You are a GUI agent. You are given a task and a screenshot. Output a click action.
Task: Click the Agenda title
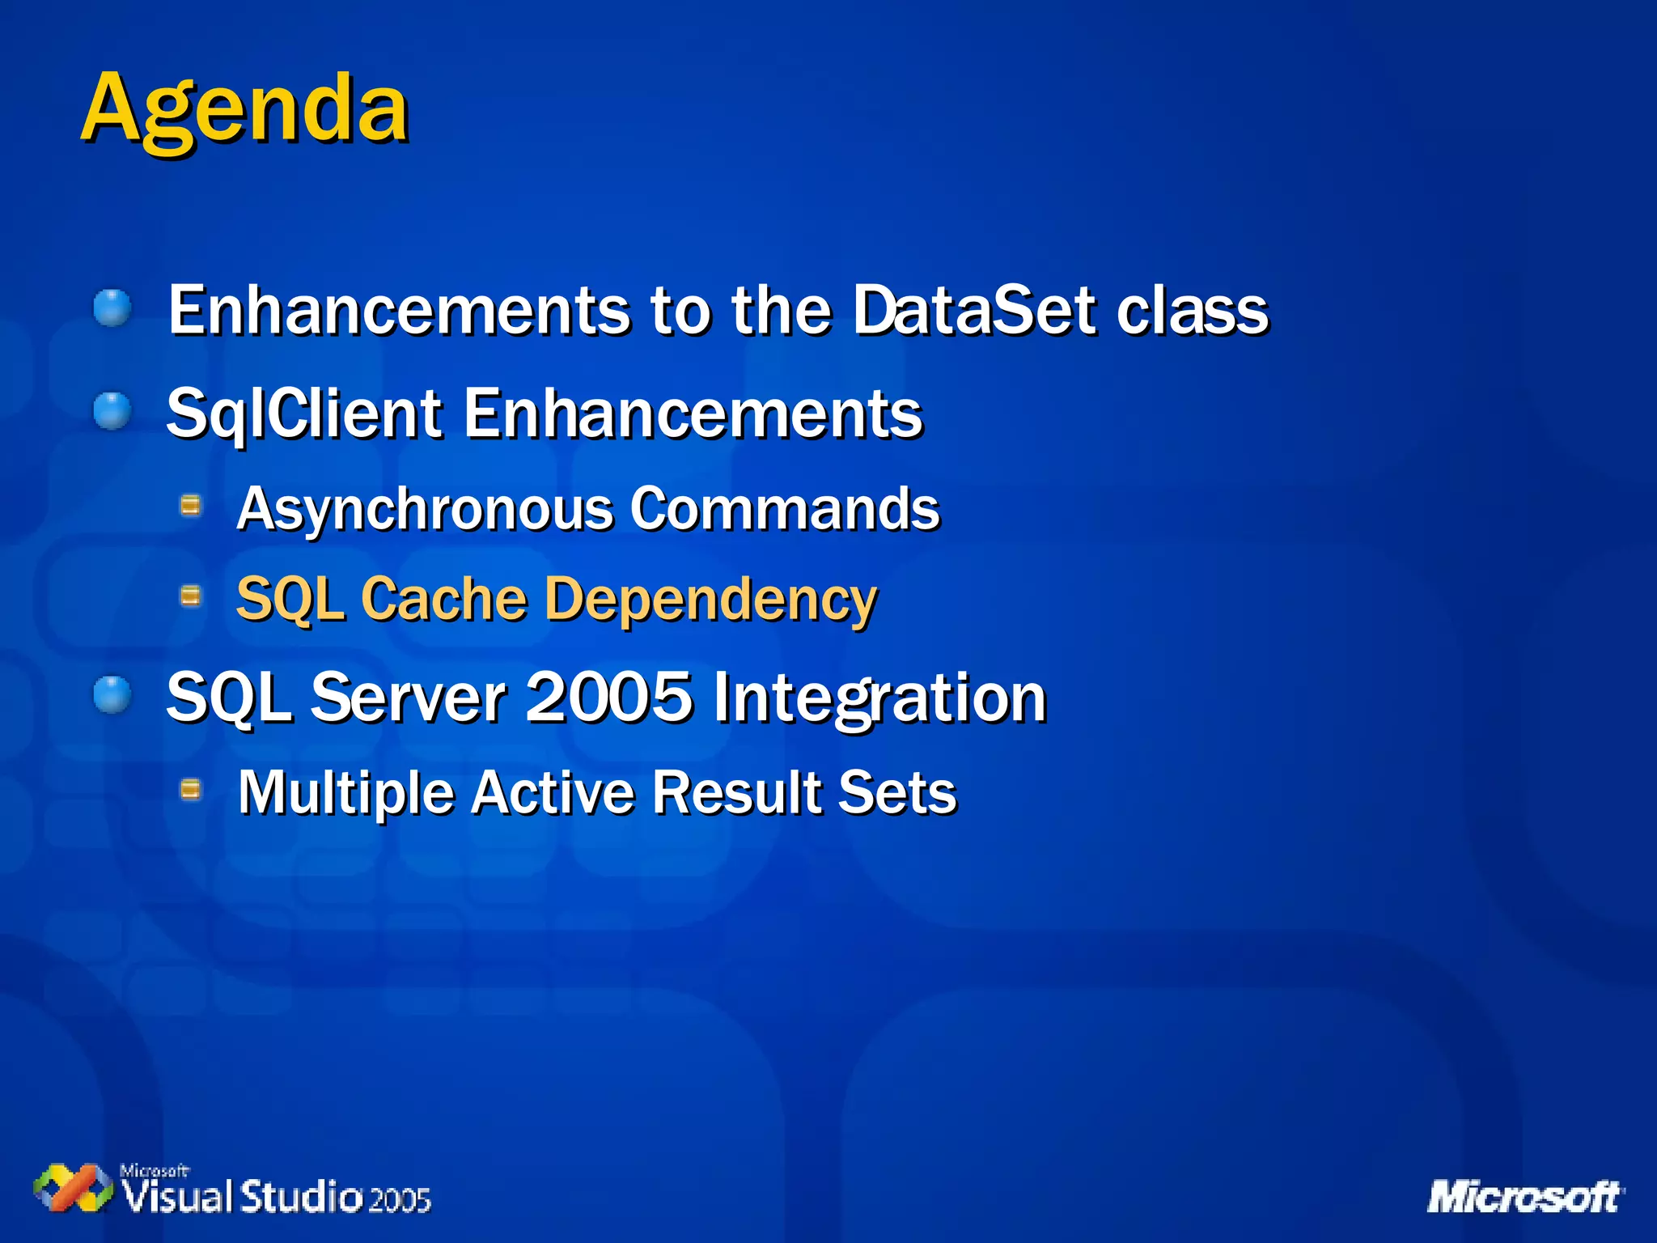[x=244, y=109]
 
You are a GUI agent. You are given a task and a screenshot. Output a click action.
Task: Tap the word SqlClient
[x=304, y=414]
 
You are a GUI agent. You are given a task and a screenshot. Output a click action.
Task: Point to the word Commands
[x=785, y=510]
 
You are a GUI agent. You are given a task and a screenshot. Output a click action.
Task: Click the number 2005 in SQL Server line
[x=608, y=697]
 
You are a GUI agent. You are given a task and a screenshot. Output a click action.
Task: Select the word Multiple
[x=345, y=792]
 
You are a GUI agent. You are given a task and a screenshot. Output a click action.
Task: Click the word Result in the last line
[x=737, y=792]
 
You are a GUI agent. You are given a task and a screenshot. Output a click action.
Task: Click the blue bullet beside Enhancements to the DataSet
[x=112, y=308]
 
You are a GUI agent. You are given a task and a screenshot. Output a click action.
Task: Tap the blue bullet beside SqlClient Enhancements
[x=112, y=411]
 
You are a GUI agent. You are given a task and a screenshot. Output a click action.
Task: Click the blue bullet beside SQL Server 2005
[x=112, y=695]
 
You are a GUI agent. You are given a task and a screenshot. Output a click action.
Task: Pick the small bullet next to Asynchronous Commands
[x=191, y=507]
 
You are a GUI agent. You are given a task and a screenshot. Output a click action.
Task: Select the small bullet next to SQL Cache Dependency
[x=191, y=597]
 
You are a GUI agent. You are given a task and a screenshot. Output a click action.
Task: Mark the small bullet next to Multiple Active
[x=191, y=789]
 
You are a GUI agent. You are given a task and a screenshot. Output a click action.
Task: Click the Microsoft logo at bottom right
[x=1524, y=1197]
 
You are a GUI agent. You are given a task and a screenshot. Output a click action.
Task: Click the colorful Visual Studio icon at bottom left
[x=73, y=1189]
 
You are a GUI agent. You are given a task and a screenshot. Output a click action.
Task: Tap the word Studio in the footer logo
[x=301, y=1197]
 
